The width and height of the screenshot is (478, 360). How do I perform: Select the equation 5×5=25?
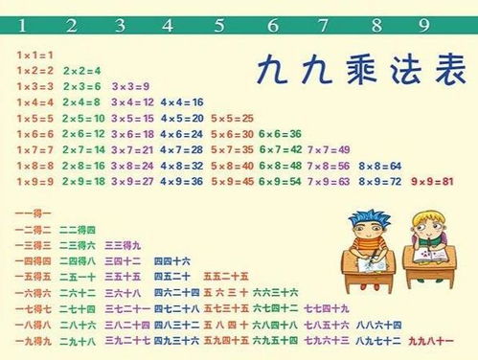coord(231,118)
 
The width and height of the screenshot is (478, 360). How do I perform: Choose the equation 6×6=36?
coord(281,133)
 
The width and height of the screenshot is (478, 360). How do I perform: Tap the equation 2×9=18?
coord(82,180)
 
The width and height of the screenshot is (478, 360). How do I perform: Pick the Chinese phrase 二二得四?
coord(78,230)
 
